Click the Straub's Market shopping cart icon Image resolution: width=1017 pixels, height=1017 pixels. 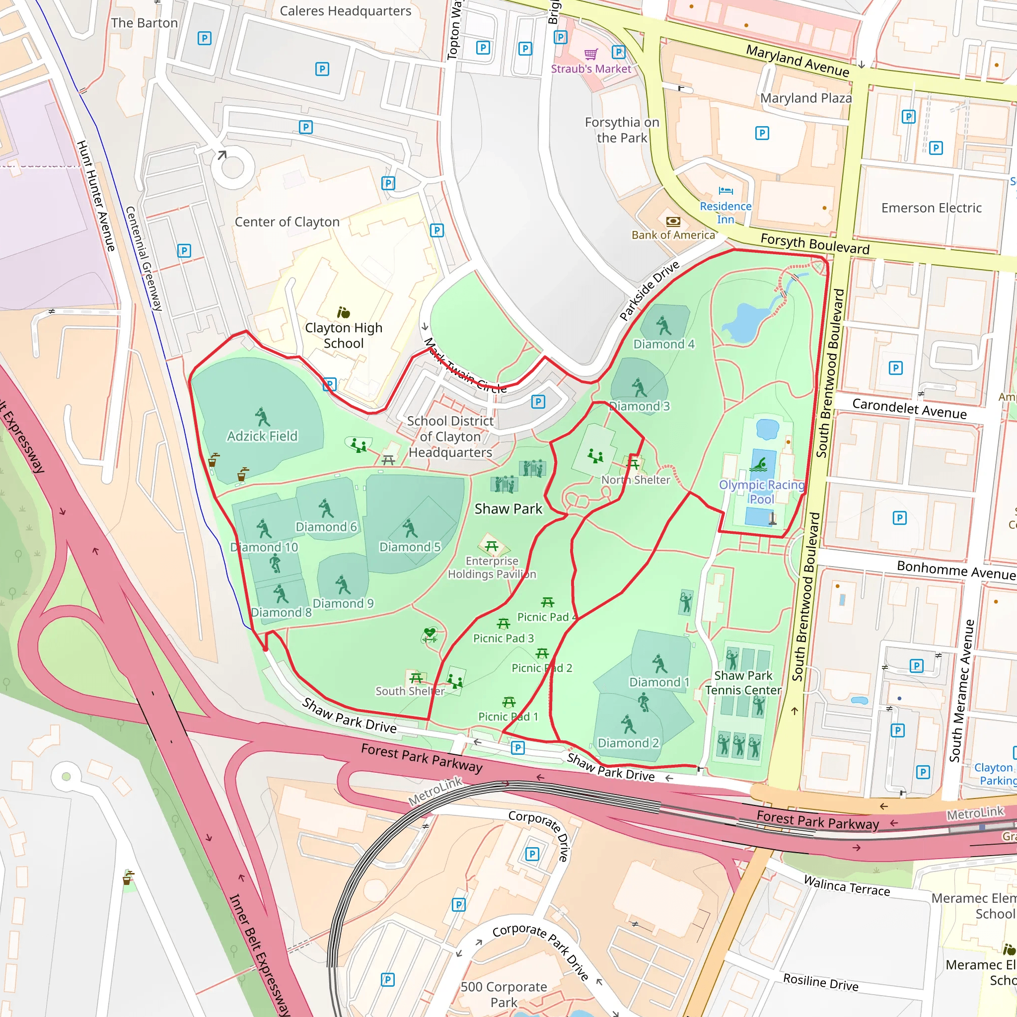pyautogui.click(x=591, y=54)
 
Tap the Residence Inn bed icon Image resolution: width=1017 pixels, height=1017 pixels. pyautogui.click(x=726, y=191)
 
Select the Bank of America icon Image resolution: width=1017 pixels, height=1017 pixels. pyautogui.click(x=673, y=221)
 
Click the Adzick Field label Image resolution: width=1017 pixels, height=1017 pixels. pyautogui.click(x=262, y=436)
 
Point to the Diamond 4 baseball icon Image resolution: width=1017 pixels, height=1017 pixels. pyautogui.click(x=663, y=326)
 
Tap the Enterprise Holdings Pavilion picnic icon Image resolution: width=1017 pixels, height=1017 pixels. pyautogui.click(x=492, y=546)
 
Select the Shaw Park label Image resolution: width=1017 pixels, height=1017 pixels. pyautogui.click(x=508, y=508)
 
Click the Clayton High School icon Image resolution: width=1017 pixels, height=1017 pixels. pyautogui.click(x=343, y=313)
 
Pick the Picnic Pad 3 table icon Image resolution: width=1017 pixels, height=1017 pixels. pyautogui.click(x=503, y=624)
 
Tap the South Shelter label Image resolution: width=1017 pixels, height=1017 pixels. pyautogui.click(x=410, y=691)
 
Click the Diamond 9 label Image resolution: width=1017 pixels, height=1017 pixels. pyautogui.click(x=343, y=603)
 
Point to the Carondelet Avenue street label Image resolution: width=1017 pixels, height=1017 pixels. pyautogui.click(x=909, y=409)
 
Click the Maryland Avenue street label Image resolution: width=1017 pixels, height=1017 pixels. pyautogui.click(x=798, y=60)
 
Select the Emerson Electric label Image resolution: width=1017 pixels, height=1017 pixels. pyautogui.click(x=931, y=208)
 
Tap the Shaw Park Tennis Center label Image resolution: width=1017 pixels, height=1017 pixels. pyautogui.click(x=743, y=683)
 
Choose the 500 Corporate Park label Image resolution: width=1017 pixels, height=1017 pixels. pyautogui.click(x=504, y=994)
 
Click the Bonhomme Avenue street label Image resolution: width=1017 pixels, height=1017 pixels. pyautogui.click(x=955, y=570)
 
